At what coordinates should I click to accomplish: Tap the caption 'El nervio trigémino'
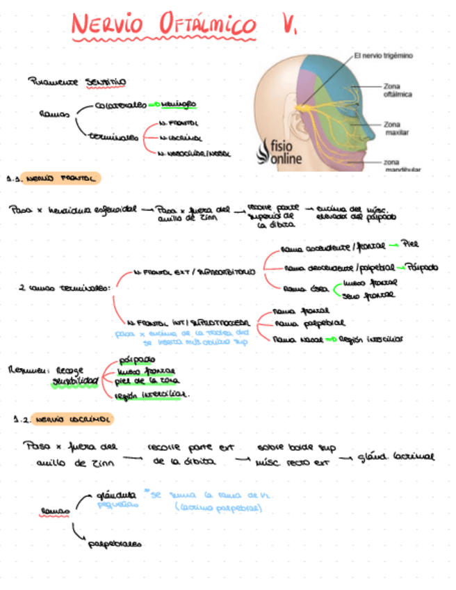coord(384,56)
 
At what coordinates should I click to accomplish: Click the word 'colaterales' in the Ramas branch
coord(122,106)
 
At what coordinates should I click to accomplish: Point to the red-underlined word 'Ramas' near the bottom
coord(54,511)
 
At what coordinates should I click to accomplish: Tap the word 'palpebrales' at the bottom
coord(114,543)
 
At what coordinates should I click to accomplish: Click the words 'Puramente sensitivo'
coord(76,81)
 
